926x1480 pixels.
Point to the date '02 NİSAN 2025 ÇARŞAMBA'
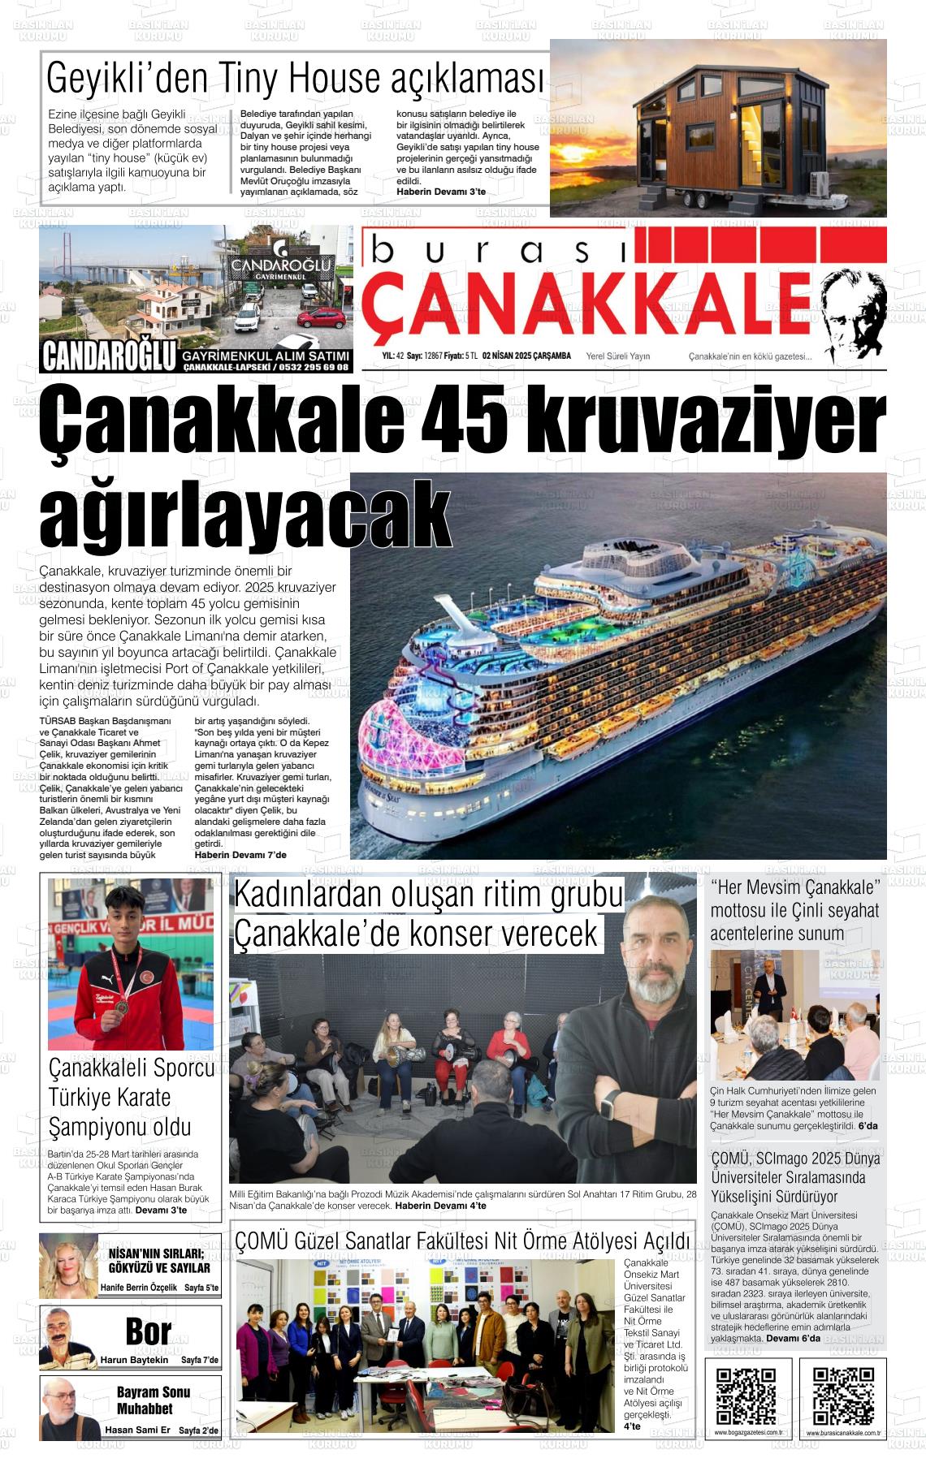click(x=526, y=356)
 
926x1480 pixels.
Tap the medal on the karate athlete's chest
click(x=120, y=1008)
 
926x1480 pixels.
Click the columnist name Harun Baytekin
click(x=134, y=1360)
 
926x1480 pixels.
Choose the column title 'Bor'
click(x=148, y=1332)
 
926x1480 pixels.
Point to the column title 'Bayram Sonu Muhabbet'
click(x=153, y=1400)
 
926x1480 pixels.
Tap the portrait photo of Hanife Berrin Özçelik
click(x=68, y=1266)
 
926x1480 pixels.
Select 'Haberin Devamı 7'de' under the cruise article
click(x=240, y=855)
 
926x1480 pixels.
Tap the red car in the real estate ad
click(x=322, y=318)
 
